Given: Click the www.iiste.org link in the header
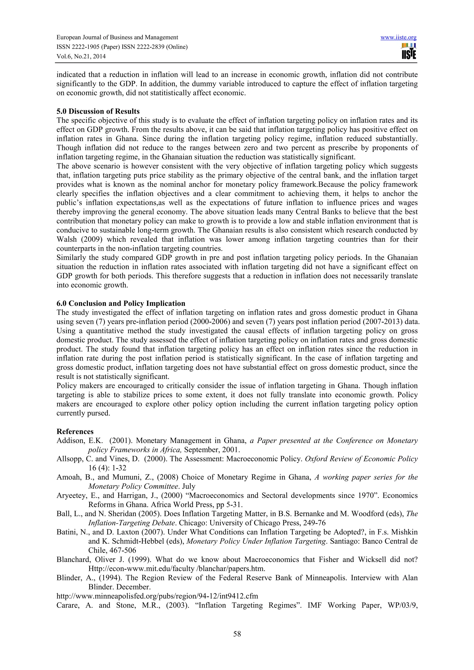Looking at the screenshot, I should (398, 37).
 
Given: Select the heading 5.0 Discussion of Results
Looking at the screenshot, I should (98, 111).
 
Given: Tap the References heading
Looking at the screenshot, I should (75, 431).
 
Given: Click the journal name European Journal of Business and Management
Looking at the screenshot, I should (117, 37).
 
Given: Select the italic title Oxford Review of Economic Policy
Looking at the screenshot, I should (361, 459).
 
